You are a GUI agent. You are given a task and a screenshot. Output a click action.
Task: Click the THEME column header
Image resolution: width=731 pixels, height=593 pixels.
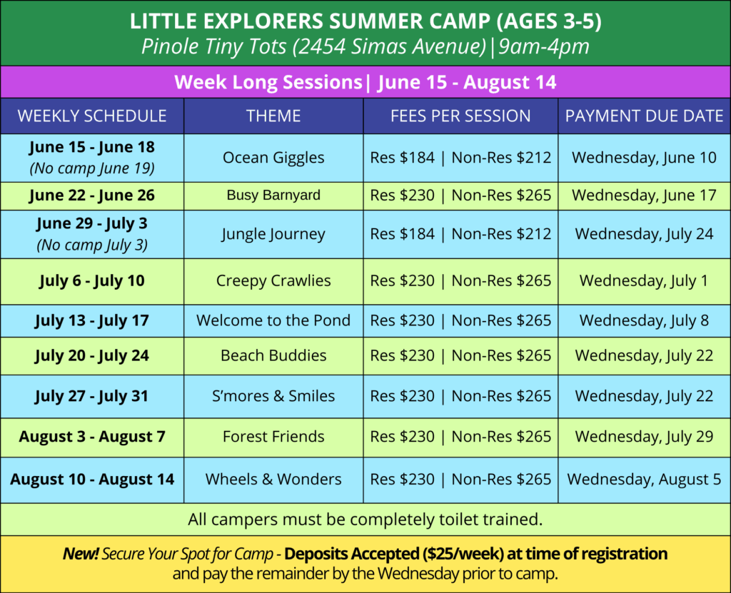coord(273,116)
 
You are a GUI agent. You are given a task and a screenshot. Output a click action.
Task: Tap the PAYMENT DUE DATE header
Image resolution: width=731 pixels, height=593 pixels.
coord(644,116)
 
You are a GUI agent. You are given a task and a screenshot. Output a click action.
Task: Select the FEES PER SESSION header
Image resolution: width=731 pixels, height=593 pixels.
coord(460,116)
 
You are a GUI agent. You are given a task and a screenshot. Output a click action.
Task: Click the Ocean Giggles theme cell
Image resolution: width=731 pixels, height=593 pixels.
coord(273,158)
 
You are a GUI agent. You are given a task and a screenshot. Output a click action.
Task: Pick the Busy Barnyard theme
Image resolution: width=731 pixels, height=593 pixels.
coord(273,195)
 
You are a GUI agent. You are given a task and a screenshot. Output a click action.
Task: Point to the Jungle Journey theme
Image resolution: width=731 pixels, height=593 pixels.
coord(273,234)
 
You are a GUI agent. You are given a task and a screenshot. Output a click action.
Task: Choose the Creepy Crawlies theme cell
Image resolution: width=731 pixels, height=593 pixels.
coord(273,281)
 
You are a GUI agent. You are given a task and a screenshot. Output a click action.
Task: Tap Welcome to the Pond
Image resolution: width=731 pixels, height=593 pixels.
coord(273,320)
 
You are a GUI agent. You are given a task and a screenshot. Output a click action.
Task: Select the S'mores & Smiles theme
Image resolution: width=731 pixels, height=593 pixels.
coord(273,396)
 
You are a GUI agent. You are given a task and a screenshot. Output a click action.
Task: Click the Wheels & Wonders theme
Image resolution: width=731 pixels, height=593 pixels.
coord(273,480)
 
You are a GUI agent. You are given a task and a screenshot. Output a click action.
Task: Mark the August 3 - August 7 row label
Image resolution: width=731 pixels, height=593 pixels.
coord(92,437)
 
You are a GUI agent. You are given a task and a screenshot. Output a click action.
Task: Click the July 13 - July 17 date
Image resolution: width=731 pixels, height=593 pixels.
coord(92,320)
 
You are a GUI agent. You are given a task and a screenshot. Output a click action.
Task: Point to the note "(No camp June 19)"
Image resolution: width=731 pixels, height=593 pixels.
coord(92,168)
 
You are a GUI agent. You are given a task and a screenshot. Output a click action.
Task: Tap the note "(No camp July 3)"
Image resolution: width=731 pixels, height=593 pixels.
coord(92,245)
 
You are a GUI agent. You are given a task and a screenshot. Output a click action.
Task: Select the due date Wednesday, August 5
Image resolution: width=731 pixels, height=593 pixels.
coord(644,480)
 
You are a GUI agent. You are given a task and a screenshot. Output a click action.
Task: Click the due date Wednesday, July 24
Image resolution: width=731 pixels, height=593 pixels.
coord(644,234)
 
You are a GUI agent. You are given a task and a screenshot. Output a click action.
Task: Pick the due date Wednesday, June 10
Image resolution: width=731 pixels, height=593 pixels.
coord(644,158)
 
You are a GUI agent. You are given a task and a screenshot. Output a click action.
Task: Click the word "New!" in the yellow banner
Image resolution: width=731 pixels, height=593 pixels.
coord(81,554)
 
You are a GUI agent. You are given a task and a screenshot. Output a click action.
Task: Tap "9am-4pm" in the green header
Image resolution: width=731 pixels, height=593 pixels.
coord(543,46)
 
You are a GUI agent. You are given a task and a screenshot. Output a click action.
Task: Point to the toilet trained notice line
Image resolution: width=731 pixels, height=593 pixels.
coord(365,519)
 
